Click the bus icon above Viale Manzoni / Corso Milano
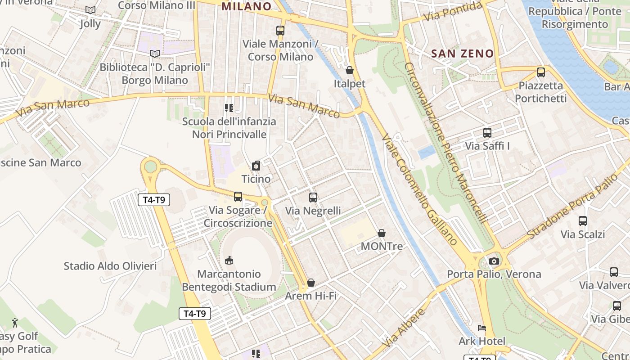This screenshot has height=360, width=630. [280, 31]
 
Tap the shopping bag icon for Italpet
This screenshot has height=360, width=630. [350, 70]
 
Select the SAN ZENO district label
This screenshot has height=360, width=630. [462, 54]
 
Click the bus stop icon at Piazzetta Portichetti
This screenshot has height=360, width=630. [541, 72]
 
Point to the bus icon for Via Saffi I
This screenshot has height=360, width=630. [487, 133]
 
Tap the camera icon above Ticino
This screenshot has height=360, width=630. [256, 166]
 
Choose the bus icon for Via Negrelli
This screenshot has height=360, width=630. [313, 197]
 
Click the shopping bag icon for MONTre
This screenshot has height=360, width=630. [382, 233]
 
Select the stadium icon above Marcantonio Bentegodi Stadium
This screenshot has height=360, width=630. [229, 260]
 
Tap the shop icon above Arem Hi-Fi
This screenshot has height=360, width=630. [311, 282]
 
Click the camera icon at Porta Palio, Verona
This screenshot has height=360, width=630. [494, 261]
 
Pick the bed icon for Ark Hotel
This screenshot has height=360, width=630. [482, 328]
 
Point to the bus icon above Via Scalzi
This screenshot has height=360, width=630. [583, 221]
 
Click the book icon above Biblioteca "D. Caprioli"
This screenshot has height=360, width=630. [155, 54]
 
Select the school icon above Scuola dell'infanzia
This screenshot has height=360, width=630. [229, 108]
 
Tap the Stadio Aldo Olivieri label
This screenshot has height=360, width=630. [110, 266]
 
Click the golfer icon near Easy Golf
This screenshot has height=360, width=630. [15, 323]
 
